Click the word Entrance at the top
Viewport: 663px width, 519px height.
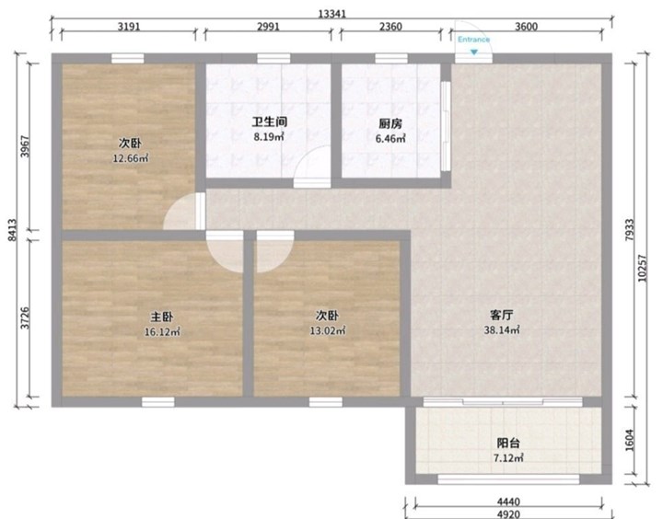[473, 40]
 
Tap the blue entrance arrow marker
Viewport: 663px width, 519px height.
[474, 52]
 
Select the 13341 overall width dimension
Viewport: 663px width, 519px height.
[331, 14]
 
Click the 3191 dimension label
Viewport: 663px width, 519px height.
[129, 27]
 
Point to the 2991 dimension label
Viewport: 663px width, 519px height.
[268, 27]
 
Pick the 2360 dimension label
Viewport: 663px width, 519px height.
[390, 27]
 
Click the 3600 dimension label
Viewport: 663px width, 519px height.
[526, 27]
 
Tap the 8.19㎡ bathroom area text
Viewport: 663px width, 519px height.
[269, 136]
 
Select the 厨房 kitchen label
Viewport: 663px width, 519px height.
[390, 124]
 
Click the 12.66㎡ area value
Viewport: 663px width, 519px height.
[130, 158]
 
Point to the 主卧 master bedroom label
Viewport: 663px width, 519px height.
[162, 317]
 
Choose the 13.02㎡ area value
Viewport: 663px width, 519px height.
[327, 330]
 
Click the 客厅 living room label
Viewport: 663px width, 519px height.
[502, 316]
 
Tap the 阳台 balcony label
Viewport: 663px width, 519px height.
[507, 444]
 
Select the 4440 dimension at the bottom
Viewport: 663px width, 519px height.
[508, 502]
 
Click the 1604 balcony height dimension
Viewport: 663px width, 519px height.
[630, 441]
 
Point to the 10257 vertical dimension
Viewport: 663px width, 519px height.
[643, 268]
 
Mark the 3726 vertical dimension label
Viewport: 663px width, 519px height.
[26, 317]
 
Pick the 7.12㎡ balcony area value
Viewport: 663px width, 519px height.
[508, 457]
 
